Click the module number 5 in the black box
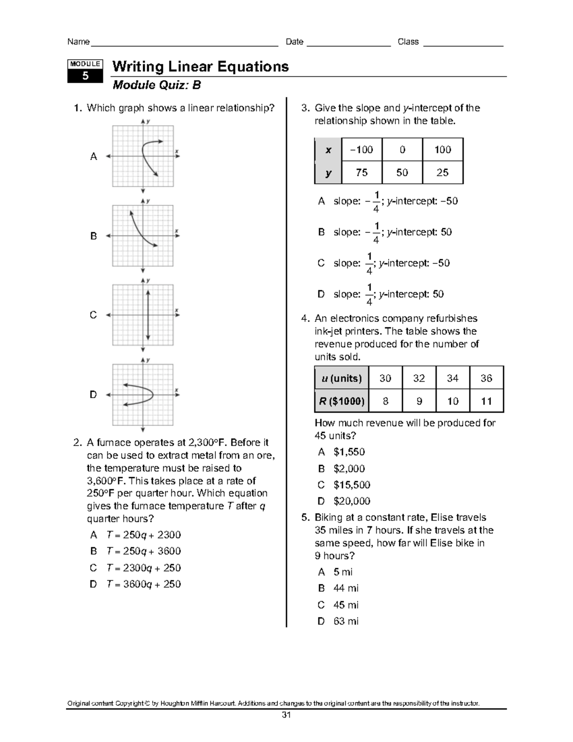[x=85, y=75]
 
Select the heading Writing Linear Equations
[x=200, y=66]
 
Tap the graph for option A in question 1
[x=143, y=156]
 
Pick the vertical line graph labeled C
[x=143, y=315]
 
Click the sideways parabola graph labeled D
[x=143, y=395]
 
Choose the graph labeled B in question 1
[x=143, y=236]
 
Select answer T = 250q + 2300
[x=143, y=535]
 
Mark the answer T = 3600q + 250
[x=143, y=584]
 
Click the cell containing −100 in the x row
[x=361, y=150]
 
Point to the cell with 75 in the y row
[x=361, y=172]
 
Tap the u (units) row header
[x=341, y=378]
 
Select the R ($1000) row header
[x=341, y=401]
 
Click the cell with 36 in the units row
[x=486, y=378]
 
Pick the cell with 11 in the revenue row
[x=486, y=401]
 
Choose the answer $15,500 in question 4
[x=351, y=485]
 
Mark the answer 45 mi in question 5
[x=346, y=605]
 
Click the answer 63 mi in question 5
[x=346, y=621]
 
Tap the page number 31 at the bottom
[x=286, y=715]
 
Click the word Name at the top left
[x=78, y=42]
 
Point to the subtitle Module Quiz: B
[x=156, y=86]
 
